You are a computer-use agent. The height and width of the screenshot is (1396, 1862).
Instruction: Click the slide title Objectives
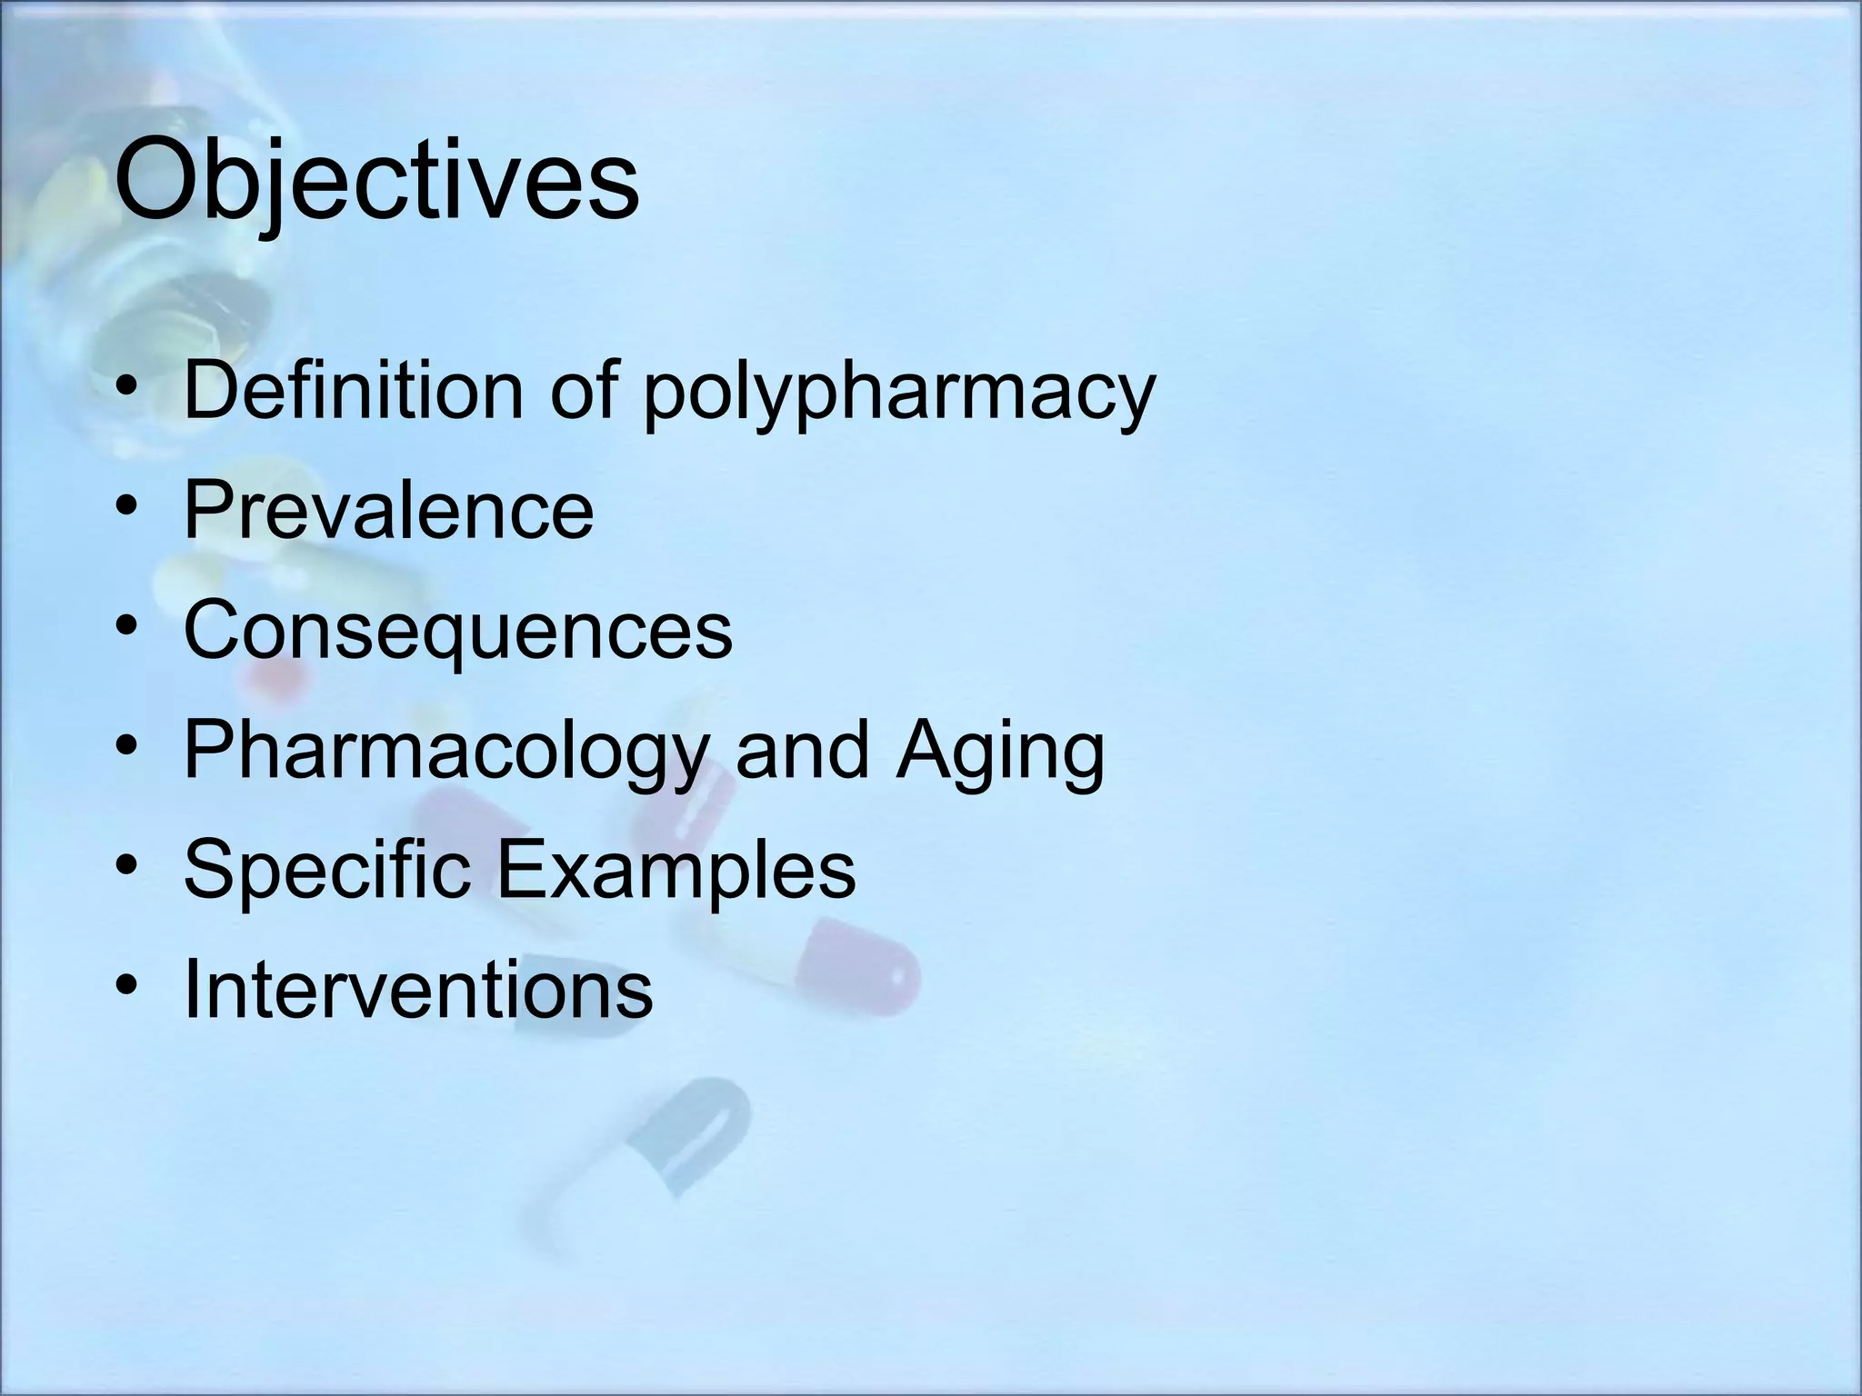click(376, 180)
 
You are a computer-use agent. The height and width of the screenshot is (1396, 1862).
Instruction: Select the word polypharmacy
click(898, 393)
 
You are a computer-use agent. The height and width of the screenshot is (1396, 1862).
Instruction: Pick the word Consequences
click(457, 630)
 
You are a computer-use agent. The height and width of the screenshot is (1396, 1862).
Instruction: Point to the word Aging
click(1000, 751)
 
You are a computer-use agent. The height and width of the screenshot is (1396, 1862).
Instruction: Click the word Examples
click(675, 871)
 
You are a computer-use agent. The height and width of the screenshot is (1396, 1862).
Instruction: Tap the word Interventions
click(418, 989)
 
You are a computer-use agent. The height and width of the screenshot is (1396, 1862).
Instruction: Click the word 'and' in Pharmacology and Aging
click(801, 751)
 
